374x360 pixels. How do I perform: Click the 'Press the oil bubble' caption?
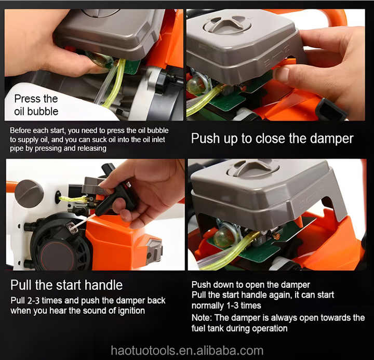coord(36,104)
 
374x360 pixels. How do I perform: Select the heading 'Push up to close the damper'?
coord(272,138)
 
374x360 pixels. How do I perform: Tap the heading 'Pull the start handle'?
coord(66,285)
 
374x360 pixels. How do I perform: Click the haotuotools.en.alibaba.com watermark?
coord(186,350)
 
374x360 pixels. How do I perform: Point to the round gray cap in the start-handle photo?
coord(29,193)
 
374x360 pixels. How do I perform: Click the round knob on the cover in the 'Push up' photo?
coord(227,24)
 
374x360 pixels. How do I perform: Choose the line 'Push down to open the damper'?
coord(250,285)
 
